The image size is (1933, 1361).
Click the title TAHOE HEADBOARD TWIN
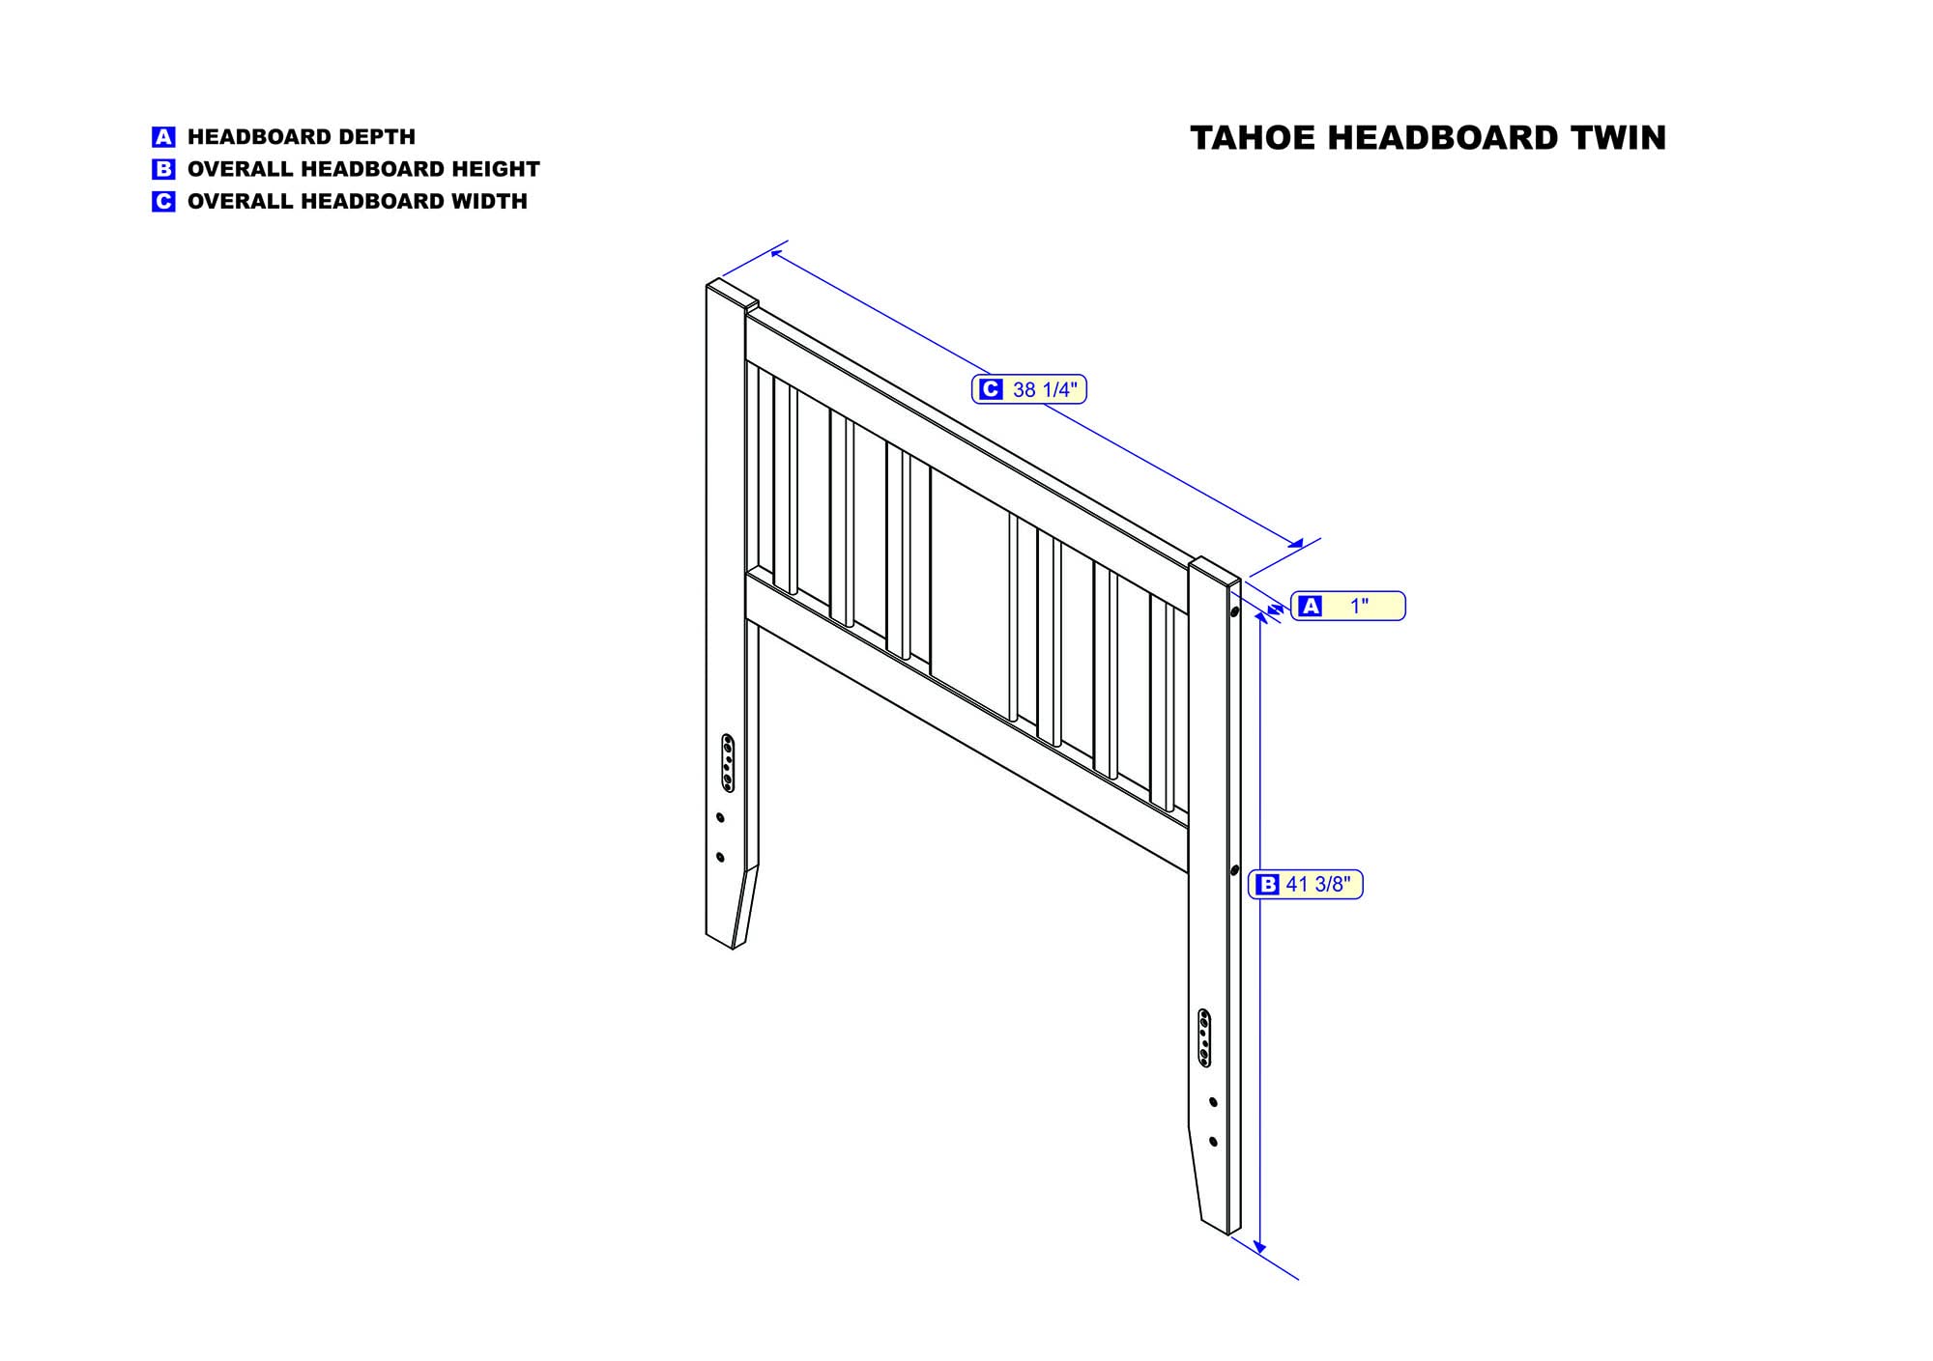[1428, 138]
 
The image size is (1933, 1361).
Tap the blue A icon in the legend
[163, 137]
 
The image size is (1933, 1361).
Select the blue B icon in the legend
[163, 169]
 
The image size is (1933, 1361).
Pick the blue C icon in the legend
[163, 202]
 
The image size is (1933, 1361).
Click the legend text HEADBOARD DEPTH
[301, 137]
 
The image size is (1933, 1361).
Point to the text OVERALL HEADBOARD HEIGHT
[363, 169]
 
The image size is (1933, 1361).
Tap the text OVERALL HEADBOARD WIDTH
[357, 202]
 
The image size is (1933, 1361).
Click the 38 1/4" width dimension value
[1044, 390]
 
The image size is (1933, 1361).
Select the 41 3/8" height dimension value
[1319, 885]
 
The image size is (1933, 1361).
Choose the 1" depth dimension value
[1359, 607]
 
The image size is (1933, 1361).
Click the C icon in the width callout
[990, 389]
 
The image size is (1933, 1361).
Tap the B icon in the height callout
[1267, 885]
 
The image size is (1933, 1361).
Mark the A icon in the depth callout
[1310, 607]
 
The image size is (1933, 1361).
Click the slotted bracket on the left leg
[728, 763]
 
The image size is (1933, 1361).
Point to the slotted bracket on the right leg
[1203, 1038]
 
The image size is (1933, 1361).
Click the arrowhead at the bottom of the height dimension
[1258, 1246]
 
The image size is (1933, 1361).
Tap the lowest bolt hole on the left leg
[720, 857]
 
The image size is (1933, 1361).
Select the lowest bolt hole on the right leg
[1213, 1142]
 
